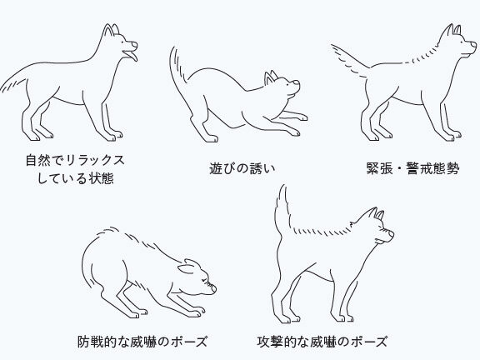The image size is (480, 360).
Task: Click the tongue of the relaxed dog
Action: point(132,57)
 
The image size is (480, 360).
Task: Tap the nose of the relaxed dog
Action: point(135,45)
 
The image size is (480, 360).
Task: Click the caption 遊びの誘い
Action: point(242,168)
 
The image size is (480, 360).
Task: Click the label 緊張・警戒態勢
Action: point(413,168)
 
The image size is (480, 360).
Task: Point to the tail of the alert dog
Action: point(351,60)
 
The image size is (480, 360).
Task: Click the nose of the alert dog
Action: point(474,45)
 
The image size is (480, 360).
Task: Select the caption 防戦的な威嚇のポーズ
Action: point(142,342)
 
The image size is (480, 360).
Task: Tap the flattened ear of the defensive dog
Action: point(187,267)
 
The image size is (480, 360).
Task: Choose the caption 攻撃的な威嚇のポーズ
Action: point(322,342)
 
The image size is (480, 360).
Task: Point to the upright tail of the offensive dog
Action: point(282,211)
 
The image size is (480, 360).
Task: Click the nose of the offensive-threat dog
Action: point(391,234)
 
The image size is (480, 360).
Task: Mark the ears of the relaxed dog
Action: point(111,30)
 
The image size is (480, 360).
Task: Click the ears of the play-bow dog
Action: point(271,77)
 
